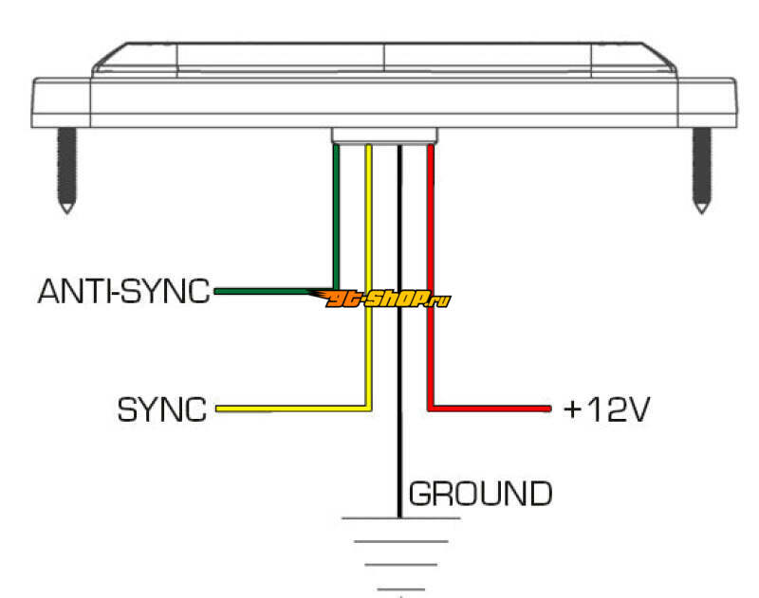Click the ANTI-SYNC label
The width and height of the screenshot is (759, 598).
coord(124,291)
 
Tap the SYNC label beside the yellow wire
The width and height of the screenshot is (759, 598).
coord(162,409)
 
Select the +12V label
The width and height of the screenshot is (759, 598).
coord(606,409)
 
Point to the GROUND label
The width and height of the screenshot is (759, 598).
coord(480,494)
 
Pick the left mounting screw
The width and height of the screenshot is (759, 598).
coord(66,171)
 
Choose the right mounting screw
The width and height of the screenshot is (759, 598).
coord(702,171)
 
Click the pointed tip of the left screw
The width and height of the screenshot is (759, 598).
coord(66,212)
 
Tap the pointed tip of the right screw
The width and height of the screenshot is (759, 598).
coord(702,212)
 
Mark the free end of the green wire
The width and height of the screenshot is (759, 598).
coord(216,292)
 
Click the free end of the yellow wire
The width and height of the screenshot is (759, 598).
coord(217,409)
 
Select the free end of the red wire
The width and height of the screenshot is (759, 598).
coord(549,409)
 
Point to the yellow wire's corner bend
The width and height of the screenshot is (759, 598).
coord(368,408)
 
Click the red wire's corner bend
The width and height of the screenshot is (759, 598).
coord(431,408)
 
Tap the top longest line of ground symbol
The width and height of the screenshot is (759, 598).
coord(400,518)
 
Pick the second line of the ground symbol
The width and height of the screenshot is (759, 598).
coord(400,541)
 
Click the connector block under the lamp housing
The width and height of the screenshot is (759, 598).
coord(384,136)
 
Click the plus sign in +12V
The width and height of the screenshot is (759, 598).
coord(573,409)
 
